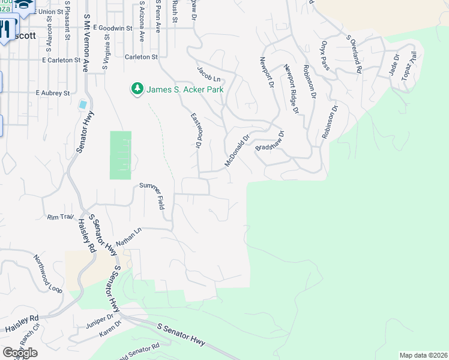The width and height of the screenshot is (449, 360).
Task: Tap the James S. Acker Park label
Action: click(x=181, y=89)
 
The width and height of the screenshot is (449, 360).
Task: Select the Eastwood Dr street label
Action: click(x=196, y=130)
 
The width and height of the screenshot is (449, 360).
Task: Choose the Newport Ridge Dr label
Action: click(x=291, y=88)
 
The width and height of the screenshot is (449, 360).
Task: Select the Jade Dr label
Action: click(x=394, y=65)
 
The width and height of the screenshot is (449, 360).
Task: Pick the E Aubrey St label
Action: click(x=53, y=93)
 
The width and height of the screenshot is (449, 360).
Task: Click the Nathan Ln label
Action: click(x=128, y=235)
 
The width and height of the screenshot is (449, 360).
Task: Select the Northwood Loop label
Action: click(x=47, y=272)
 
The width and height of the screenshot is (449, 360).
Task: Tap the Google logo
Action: click(x=20, y=352)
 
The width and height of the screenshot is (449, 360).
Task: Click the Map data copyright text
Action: click(x=423, y=355)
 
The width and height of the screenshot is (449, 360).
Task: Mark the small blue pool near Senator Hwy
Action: click(x=82, y=104)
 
